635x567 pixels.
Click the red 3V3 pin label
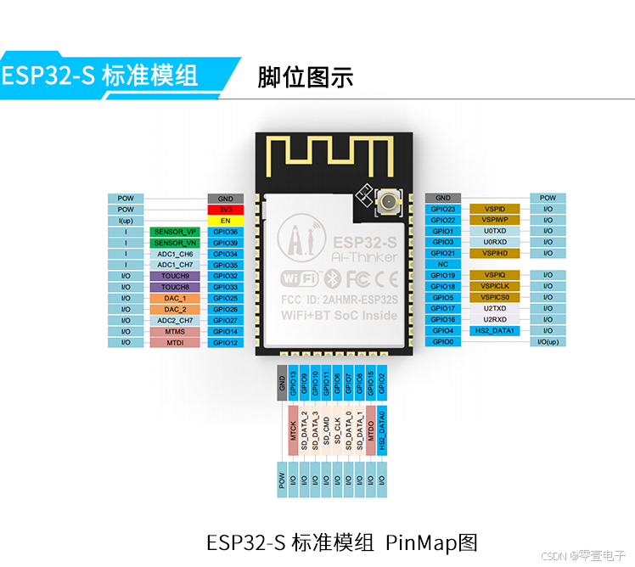pos(225,210)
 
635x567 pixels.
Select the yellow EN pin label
pos(225,221)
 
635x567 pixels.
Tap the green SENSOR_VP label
pos(175,232)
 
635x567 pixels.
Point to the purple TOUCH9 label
pos(175,276)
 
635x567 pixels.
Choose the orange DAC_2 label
pos(175,309)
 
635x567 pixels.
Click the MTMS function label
pos(175,331)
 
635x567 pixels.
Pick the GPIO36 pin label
pos(225,232)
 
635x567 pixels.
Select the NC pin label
pos(443,265)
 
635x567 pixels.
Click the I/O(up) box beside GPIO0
pos(548,342)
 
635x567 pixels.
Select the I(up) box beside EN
pos(126,221)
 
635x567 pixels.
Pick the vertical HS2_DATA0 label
pos(381,429)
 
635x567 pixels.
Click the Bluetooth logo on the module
pos(334,277)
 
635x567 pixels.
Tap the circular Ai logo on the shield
pos(300,235)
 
